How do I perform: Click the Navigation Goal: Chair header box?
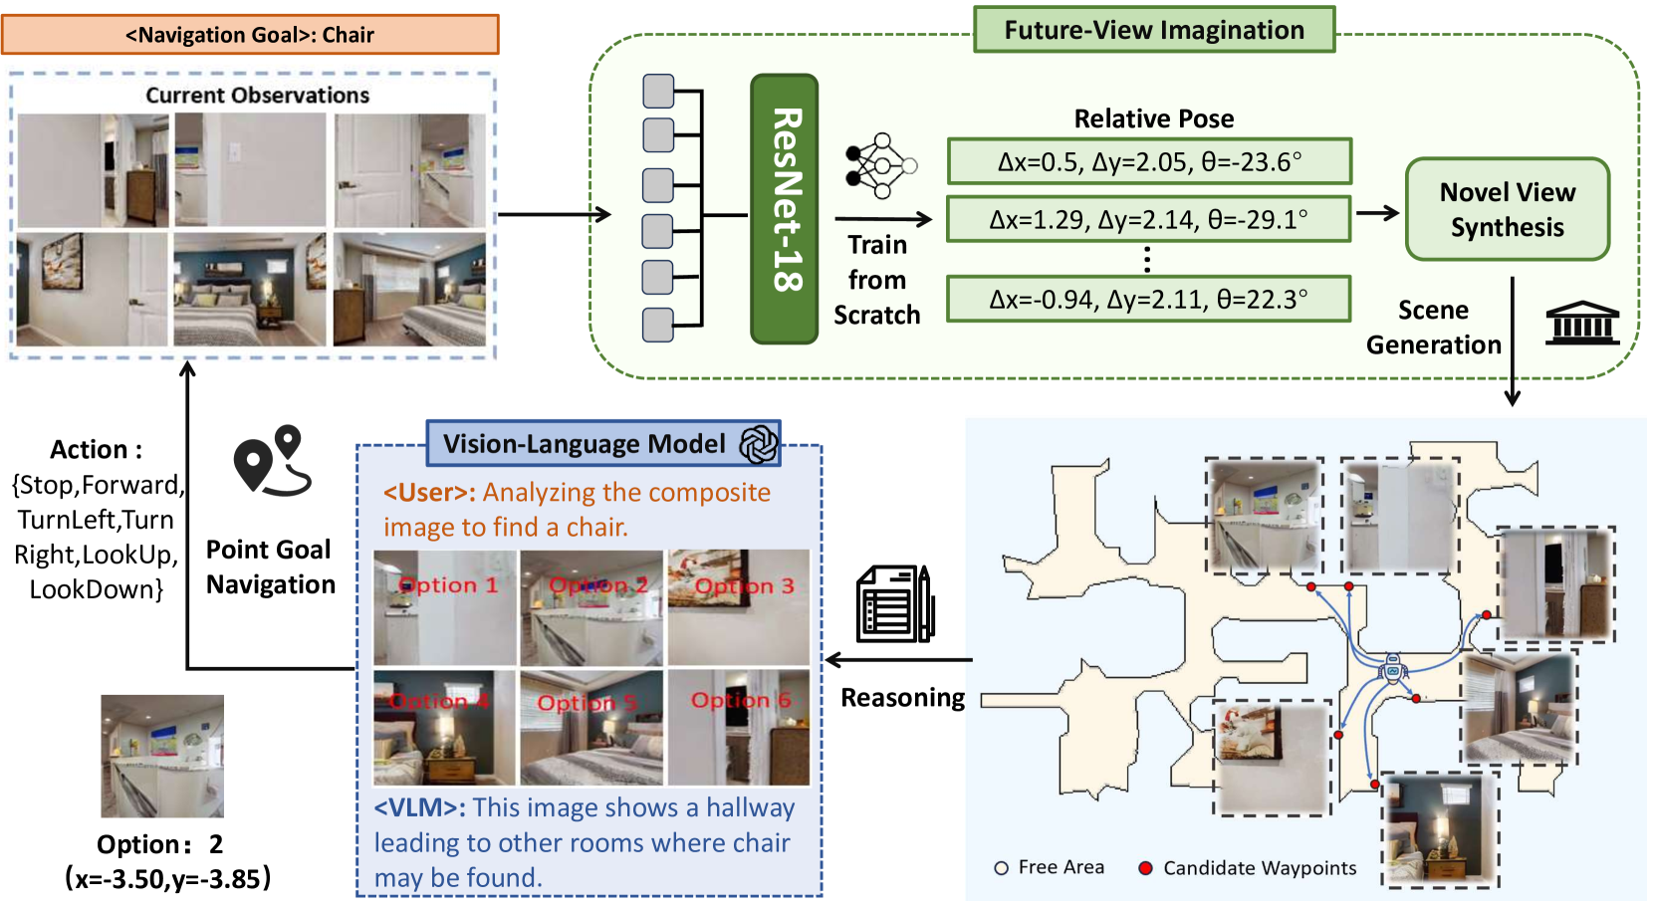tap(250, 35)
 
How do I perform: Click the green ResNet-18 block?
tap(785, 209)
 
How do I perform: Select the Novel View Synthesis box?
tap(1507, 209)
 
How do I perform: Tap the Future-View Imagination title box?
tap(1153, 30)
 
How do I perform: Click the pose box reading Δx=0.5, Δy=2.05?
tap(1149, 161)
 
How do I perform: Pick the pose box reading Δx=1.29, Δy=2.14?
tap(1148, 219)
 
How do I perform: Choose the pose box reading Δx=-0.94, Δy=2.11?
tap(1148, 299)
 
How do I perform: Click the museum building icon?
tap(1582, 323)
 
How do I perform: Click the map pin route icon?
tap(273, 461)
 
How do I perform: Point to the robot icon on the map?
tap(1393, 669)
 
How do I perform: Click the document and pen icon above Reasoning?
tap(895, 604)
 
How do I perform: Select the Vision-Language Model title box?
tap(603, 444)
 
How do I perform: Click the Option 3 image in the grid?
tap(738, 607)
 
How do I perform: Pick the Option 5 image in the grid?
tap(591, 728)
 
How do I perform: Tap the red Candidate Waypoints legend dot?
tap(1145, 868)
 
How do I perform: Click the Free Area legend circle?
tap(1001, 868)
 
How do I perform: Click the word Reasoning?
tap(903, 698)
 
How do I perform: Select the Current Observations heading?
tap(257, 96)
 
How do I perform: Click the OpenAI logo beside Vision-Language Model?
tap(758, 444)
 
